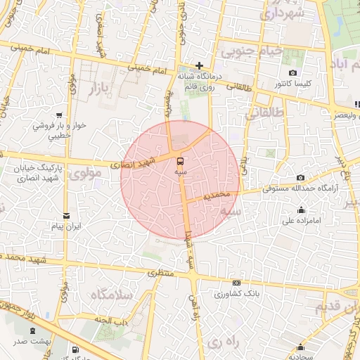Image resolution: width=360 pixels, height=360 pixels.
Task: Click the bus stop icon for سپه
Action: pos(181,160)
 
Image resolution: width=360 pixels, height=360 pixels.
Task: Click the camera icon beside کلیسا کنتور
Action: pos(292,73)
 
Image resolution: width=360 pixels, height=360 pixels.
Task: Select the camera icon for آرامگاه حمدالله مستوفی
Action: pos(301,177)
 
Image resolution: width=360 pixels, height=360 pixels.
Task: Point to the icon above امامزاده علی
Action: pos(302,209)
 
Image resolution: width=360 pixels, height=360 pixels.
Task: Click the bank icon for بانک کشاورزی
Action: pos(236,283)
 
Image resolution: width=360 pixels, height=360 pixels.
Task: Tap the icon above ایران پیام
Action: pos(66,216)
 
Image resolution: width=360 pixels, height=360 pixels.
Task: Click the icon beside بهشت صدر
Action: pos(32,331)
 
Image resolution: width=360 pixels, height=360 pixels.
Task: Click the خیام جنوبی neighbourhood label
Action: pos(252,51)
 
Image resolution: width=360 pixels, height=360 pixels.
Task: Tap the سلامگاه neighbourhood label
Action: pos(111,296)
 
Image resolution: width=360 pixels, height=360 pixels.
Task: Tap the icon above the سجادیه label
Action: pos(301,347)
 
